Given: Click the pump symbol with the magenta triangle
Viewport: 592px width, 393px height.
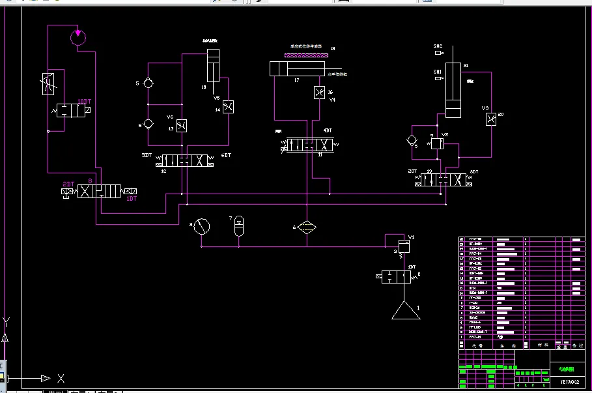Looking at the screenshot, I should [78, 36].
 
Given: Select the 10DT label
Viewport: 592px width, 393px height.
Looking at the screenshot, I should [84, 101].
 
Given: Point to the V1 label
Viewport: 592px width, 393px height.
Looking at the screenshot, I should [411, 237].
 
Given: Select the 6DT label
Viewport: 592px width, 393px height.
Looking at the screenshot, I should [227, 155].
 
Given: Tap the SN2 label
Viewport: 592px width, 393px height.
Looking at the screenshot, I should [438, 46].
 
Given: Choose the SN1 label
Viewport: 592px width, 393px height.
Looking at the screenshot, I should [438, 72].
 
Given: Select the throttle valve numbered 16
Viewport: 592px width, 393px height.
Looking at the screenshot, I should [319, 93].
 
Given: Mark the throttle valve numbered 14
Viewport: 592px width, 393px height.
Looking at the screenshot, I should [227, 107].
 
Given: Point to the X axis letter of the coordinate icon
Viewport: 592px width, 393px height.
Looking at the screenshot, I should [61, 378].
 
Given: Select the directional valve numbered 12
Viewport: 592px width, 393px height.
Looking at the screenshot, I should [185, 160].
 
